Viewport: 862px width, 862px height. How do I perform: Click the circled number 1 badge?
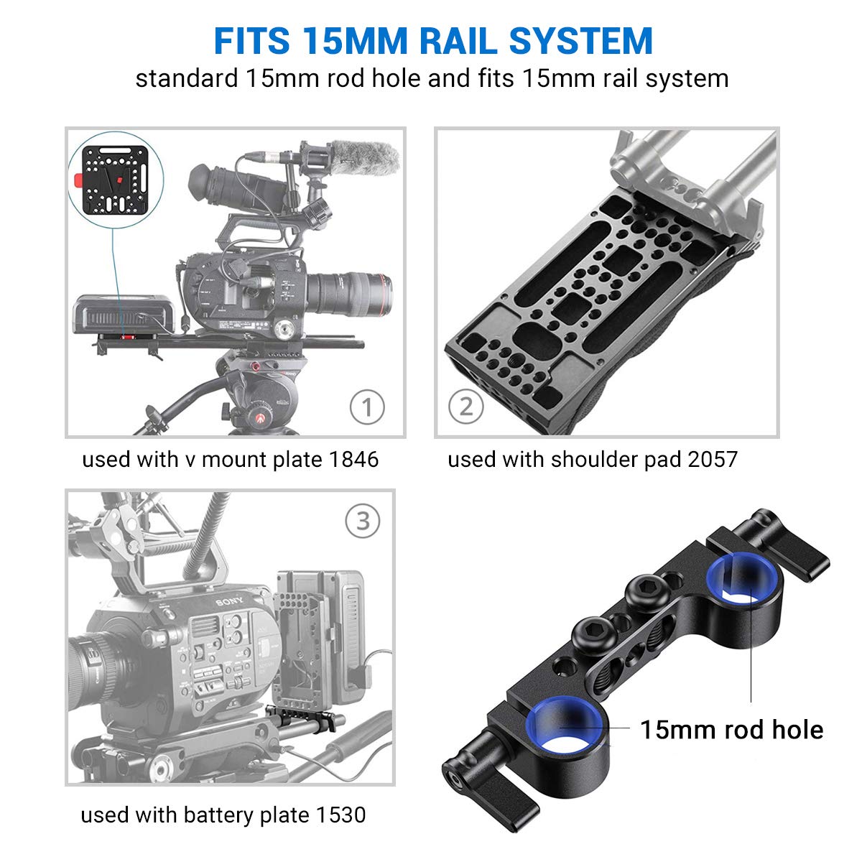[x=367, y=407]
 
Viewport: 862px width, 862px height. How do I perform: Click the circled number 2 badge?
[x=466, y=407]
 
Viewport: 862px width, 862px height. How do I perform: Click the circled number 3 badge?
[x=363, y=521]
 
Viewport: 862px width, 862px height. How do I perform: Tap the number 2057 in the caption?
[x=712, y=459]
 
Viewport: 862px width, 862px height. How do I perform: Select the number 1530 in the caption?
[x=340, y=815]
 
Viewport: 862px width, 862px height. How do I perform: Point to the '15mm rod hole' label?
[x=731, y=730]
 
